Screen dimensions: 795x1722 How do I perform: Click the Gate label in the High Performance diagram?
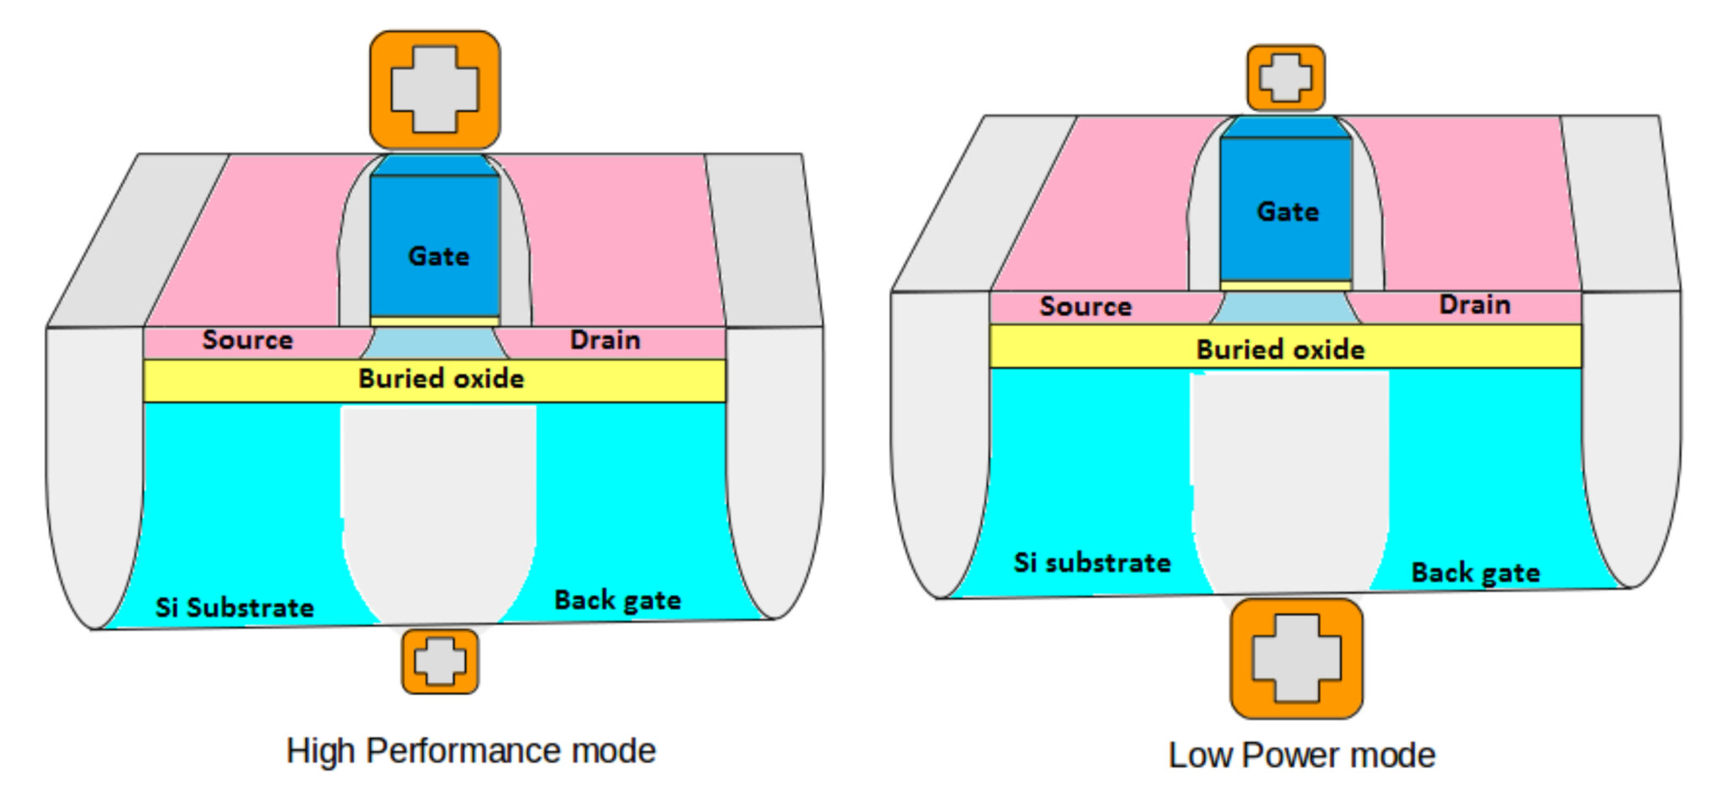pos(438,255)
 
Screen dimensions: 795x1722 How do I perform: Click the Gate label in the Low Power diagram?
pos(1287,211)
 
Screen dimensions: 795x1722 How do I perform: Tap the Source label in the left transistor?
pos(247,340)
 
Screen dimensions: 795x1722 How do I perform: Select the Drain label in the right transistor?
pos(1474,304)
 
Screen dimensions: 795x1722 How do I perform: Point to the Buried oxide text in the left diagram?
pos(441,379)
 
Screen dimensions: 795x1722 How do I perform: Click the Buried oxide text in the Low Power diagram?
pos(1280,349)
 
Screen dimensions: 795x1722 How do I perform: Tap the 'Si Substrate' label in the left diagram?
pos(234,607)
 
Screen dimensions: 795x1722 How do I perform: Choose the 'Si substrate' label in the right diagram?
pos(1091,562)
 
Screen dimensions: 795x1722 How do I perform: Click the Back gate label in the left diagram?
pos(617,600)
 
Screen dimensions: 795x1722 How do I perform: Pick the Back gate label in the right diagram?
pos(1475,572)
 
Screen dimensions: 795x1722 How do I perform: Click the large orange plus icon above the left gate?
pos(435,90)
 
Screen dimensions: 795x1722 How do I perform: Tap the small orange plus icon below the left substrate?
pos(440,661)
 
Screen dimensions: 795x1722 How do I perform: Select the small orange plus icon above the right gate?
pos(1285,78)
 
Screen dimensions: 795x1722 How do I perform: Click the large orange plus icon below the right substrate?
pos(1296,658)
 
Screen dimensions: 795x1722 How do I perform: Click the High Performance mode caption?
pos(470,750)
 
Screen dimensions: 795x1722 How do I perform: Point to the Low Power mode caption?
pos(1301,755)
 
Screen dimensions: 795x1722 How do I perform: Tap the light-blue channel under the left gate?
pos(434,343)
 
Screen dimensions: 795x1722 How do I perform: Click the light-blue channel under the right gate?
pos(1285,308)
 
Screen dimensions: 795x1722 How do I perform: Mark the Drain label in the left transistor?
pos(605,340)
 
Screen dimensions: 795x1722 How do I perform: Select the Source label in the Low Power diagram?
pos(1085,306)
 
